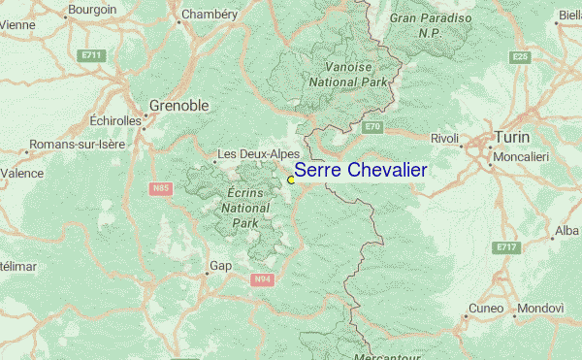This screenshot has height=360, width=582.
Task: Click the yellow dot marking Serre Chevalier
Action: point(291,180)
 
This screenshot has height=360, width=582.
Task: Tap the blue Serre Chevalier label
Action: point(360,170)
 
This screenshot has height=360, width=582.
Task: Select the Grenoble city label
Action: point(180,106)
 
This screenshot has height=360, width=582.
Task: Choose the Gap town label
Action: point(220,265)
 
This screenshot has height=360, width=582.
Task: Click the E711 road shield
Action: point(92,55)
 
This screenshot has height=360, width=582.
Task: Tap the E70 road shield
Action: point(373,127)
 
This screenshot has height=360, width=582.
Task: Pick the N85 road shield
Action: point(161,187)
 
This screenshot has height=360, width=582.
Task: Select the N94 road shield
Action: point(260,279)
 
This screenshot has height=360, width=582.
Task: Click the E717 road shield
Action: point(505,247)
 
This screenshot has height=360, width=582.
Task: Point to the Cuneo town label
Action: point(486,309)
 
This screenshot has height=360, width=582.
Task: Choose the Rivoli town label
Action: point(444,139)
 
